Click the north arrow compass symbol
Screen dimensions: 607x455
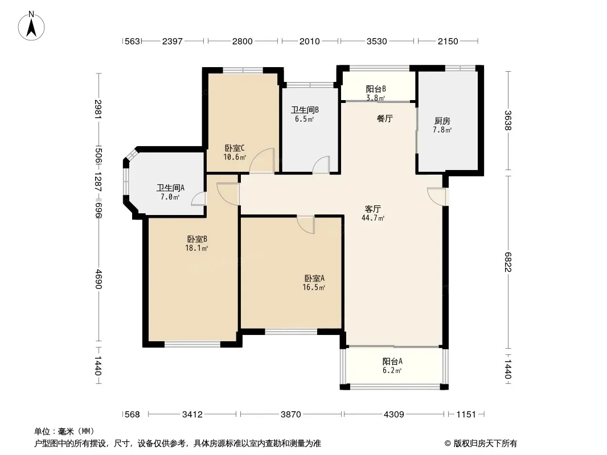[31, 26]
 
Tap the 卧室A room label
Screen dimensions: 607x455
[314, 278]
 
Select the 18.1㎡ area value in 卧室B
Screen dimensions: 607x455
[196, 248]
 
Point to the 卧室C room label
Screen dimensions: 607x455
[235, 148]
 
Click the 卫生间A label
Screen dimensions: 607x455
[170, 188]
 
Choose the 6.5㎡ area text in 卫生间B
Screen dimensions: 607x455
[304, 119]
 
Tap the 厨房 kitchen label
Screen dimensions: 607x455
[442, 121]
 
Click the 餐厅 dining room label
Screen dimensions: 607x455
[385, 119]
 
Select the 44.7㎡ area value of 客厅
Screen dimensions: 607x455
[373, 218]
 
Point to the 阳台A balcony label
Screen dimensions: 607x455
[392, 362]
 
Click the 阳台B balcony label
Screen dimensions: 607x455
[376, 89]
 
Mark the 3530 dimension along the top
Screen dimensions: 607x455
[376, 42]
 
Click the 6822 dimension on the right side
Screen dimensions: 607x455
[508, 262]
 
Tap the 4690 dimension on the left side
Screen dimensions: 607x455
[99, 279]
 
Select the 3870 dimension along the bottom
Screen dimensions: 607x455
[291, 415]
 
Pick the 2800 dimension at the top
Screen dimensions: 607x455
[243, 42]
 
